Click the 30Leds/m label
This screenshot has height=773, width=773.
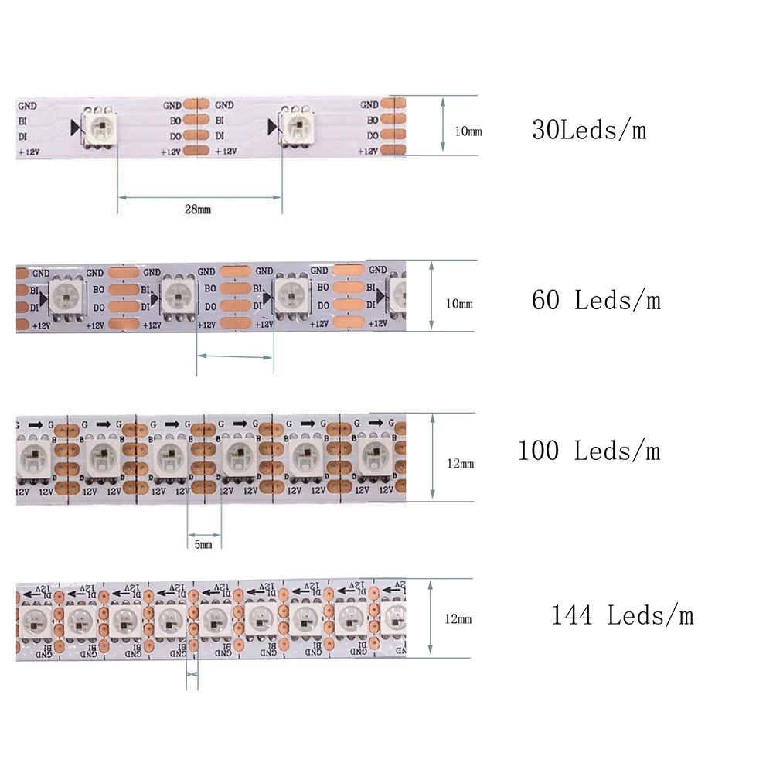[588, 130]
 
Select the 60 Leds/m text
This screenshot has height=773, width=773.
[596, 299]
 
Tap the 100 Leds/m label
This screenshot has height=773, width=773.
[589, 450]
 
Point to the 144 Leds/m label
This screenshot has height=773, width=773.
[621, 615]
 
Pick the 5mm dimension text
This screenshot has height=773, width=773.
[203, 545]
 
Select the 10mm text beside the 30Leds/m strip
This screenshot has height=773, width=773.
[468, 131]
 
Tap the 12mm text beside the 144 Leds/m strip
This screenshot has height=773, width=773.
[458, 618]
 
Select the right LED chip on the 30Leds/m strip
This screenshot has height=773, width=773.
[296, 126]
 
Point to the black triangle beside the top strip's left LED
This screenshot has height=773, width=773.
[75, 127]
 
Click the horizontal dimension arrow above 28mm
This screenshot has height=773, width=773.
[199, 197]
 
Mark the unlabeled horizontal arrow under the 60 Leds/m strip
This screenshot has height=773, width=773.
[235, 356]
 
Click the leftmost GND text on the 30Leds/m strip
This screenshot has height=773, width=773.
[26, 105]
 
